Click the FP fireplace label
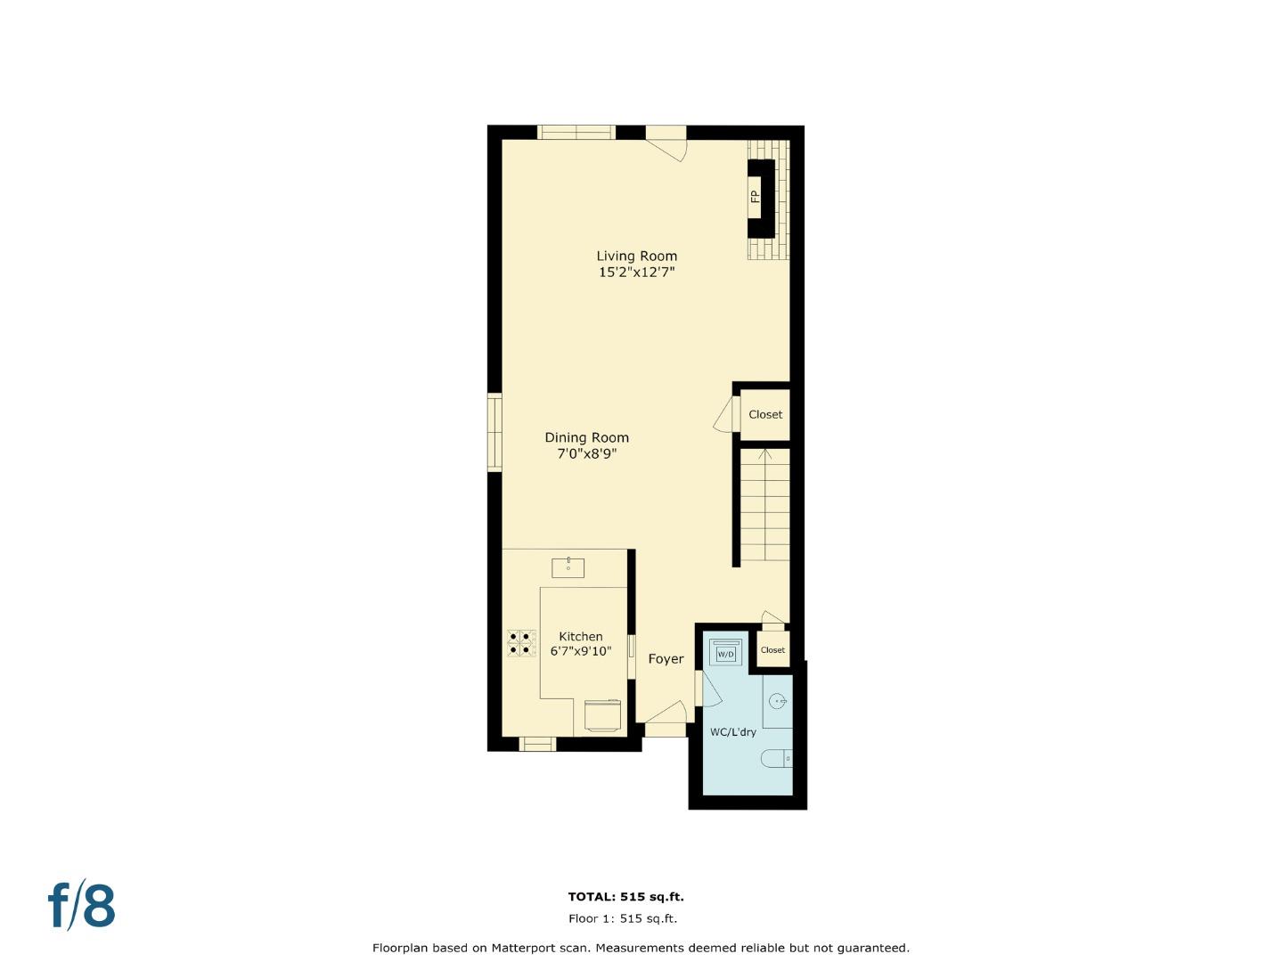point(756,196)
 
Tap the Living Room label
point(636,257)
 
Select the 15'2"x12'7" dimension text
point(636,273)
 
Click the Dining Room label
point(586,437)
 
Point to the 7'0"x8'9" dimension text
point(586,453)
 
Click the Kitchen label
point(580,637)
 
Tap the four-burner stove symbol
point(522,643)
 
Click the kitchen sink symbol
point(568,567)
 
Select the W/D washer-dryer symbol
point(725,653)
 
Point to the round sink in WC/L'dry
point(778,702)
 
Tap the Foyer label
point(666,659)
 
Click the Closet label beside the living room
point(765,414)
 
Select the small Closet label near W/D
point(772,650)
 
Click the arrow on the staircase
point(764,455)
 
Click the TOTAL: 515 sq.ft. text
point(625,897)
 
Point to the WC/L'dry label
point(732,732)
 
